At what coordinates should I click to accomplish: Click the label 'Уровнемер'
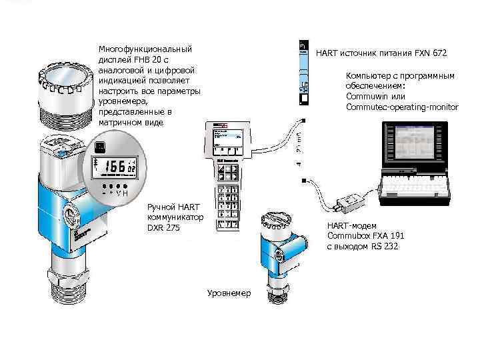229,293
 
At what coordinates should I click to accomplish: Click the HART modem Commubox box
349,199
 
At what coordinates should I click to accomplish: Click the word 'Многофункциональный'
145,49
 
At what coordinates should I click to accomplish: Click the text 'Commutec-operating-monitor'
402,107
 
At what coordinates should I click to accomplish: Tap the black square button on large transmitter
99,147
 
